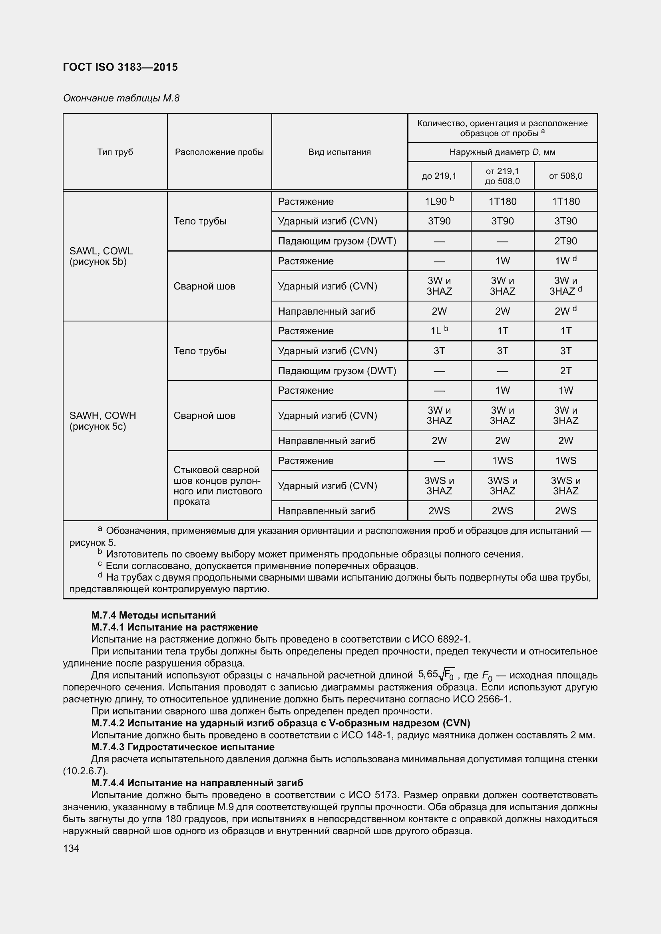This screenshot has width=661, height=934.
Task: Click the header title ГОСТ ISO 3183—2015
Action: (120, 67)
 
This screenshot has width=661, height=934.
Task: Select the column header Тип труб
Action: (115, 152)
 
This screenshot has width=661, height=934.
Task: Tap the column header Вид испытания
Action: (339, 152)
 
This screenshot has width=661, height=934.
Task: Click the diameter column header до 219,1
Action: (439, 176)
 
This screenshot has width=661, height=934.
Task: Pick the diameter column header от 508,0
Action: (565, 176)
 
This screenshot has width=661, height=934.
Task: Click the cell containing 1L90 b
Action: (439, 201)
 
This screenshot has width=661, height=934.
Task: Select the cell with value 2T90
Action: (565, 241)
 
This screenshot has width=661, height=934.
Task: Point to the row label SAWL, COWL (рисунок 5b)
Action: (101, 256)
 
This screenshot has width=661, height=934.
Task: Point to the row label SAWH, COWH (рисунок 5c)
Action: (103, 420)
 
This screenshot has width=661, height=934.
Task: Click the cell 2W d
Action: (565, 311)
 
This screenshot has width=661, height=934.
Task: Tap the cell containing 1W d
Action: (565, 261)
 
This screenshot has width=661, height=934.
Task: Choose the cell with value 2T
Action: (565, 371)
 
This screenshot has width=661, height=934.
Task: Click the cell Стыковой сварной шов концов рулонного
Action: (218, 485)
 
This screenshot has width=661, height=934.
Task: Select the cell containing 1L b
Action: (439, 331)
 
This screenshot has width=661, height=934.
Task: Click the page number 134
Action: (71, 848)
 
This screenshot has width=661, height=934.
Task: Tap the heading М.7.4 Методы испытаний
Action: (153, 615)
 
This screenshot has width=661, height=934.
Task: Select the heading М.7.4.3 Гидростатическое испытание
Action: (183, 747)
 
